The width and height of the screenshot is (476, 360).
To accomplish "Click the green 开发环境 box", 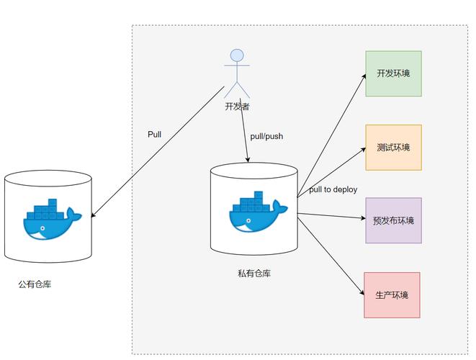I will [393, 73].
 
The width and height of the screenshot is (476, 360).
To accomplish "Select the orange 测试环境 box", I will [393, 148].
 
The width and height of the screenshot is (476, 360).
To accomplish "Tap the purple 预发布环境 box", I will [393, 221].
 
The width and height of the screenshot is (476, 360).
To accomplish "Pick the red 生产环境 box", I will [392, 295].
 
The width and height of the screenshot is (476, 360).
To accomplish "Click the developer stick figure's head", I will [237, 56].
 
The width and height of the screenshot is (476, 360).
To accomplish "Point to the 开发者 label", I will [237, 106].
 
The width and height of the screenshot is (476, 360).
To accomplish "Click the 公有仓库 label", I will [35, 284].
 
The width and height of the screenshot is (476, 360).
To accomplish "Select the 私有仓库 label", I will [254, 273].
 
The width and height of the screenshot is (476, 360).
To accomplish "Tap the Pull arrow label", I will [154, 134].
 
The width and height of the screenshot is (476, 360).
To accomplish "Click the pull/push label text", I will [266, 136].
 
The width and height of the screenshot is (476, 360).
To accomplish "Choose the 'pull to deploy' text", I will [333, 189].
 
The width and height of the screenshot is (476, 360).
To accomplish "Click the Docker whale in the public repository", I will [52, 219].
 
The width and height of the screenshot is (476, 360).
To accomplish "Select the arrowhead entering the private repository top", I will [248, 160].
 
